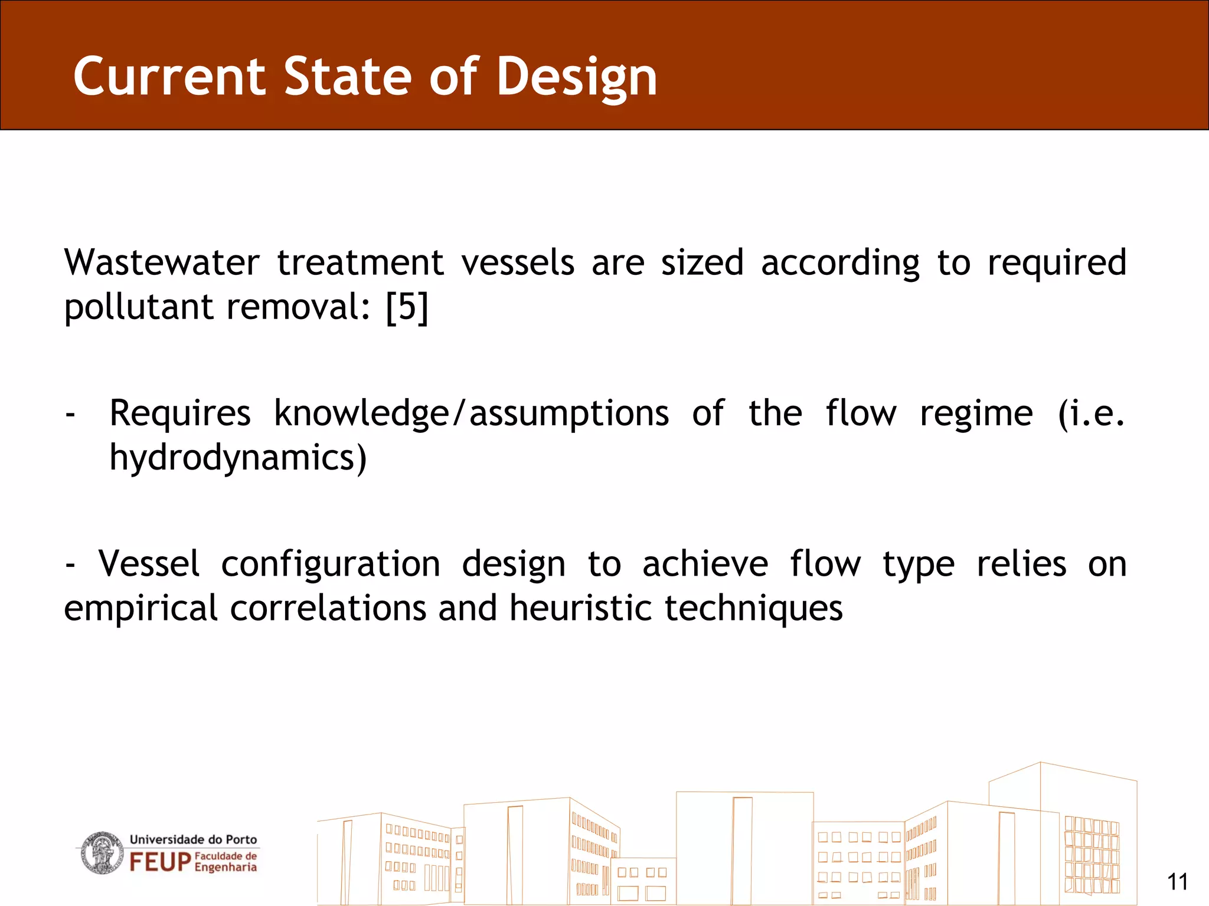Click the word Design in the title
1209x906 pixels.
tap(576, 78)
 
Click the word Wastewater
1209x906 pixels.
tap(162, 262)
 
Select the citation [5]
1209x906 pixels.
tap(407, 307)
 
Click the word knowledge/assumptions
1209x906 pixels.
tap(471, 413)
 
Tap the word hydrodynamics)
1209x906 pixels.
tap(238, 458)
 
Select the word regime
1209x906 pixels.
tap(976, 414)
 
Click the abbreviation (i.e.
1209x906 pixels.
tap(1091, 413)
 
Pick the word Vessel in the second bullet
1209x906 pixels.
tap(149, 564)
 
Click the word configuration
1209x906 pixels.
tap(331, 565)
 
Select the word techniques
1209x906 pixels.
tap(753, 609)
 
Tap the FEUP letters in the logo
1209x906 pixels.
tap(160, 862)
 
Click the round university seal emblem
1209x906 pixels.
tap(102, 853)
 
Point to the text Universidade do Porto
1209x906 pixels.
tap(193, 839)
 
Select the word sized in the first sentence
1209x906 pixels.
tap(702, 262)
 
